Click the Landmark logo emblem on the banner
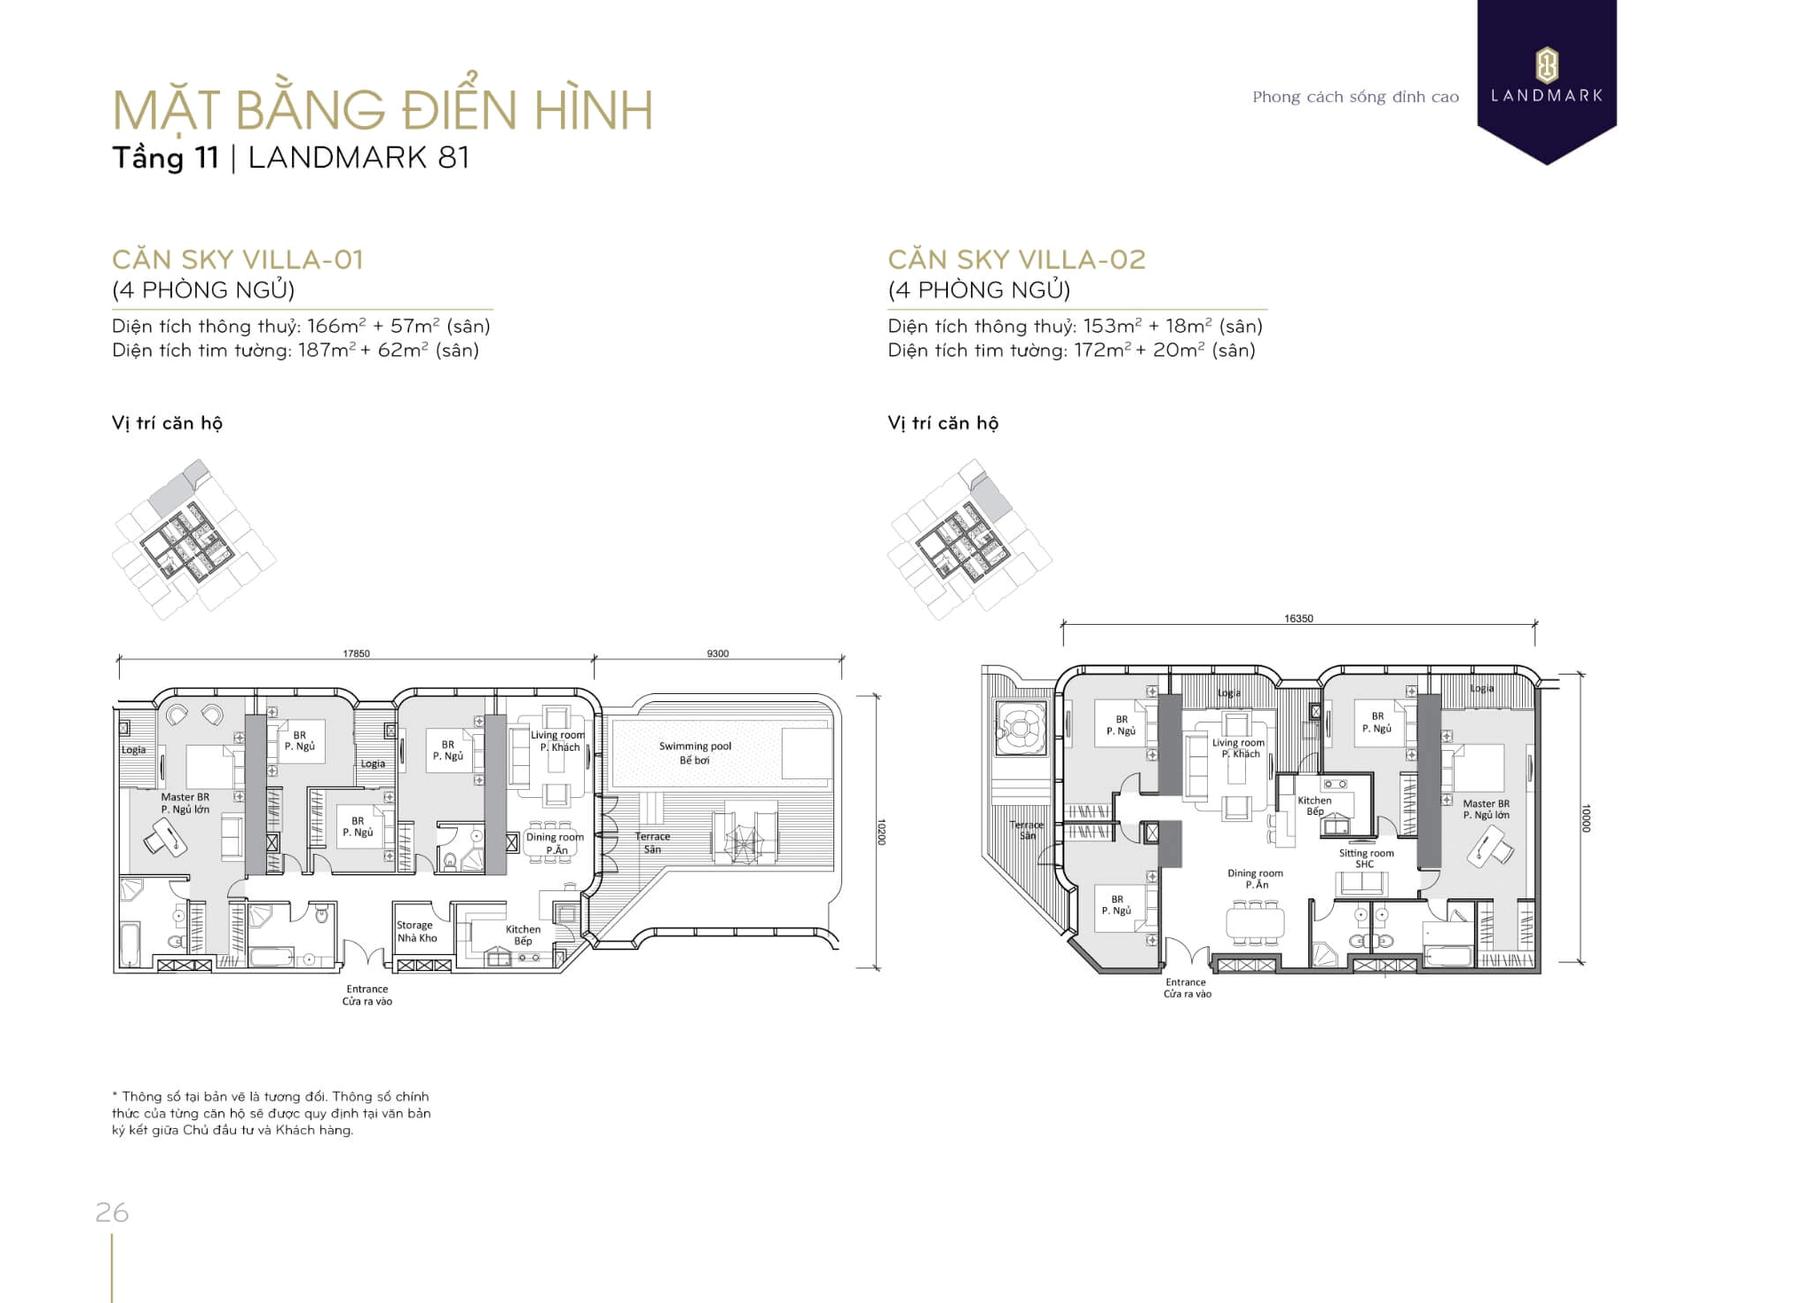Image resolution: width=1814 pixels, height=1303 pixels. pyautogui.click(x=1546, y=64)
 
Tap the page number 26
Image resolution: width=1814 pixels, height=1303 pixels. pyautogui.click(x=112, y=1212)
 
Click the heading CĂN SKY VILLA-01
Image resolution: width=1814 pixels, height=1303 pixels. pyautogui.click(x=238, y=259)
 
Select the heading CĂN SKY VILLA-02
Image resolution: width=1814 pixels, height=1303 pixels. pyautogui.click(x=1016, y=259)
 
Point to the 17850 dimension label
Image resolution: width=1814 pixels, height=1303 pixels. pyautogui.click(x=356, y=653)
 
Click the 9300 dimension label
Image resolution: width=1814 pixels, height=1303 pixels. pyautogui.click(x=717, y=653)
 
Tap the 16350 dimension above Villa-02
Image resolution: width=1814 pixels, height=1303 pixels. pyautogui.click(x=1297, y=619)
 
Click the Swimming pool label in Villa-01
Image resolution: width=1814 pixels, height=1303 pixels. pyautogui.click(x=695, y=752)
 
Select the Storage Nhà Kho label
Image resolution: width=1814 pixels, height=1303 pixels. pyautogui.click(x=416, y=931)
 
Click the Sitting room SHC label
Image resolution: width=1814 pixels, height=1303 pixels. pyautogui.click(x=1366, y=858)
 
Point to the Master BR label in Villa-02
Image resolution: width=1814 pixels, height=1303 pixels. pyautogui.click(x=1486, y=809)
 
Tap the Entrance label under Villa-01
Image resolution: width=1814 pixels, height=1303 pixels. pyautogui.click(x=367, y=994)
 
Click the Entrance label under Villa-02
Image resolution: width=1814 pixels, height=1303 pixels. pyautogui.click(x=1187, y=987)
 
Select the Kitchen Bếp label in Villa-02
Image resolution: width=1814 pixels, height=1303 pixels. pyautogui.click(x=1314, y=805)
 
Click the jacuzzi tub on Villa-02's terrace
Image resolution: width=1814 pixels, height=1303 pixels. pyautogui.click(x=1021, y=729)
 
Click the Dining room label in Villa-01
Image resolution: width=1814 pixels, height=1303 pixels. pyautogui.click(x=555, y=843)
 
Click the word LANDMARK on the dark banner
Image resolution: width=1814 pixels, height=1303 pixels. pyautogui.click(x=1546, y=96)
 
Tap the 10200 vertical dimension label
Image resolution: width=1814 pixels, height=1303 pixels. pyautogui.click(x=881, y=832)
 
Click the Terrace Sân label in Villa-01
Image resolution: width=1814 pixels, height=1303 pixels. pyautogui.click(x=652, y=842)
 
